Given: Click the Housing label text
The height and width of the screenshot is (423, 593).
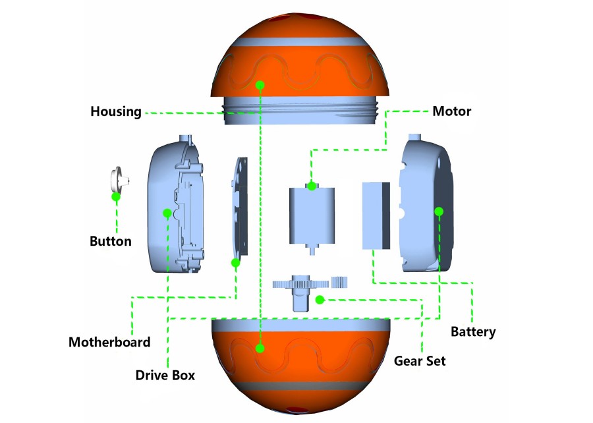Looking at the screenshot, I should [x=115, y=111].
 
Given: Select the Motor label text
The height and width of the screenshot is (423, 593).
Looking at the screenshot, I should [x=451, y=111].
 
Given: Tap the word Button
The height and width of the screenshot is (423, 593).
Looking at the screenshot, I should [x=110, y=241].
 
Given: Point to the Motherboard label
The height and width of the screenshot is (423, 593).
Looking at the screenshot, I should [x=109, y=342].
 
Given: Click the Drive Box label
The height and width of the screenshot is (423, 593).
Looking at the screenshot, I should [x=165, y=376].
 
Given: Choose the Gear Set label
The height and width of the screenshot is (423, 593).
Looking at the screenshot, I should [x=420, y=360].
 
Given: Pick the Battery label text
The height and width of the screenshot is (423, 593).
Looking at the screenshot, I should [x=473, y=331].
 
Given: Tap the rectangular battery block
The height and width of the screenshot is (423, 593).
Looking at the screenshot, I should [x=376, y=215].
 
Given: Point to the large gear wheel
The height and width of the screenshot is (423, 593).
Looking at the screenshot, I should [x=300, y=285].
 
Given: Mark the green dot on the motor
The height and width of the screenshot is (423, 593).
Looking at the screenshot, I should [x=312, y=186].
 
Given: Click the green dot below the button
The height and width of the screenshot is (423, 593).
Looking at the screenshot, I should [x=116, y=196].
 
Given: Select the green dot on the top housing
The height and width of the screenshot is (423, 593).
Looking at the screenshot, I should [x=261, y=85].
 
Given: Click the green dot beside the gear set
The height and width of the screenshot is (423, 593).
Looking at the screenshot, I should [x=320, y=300].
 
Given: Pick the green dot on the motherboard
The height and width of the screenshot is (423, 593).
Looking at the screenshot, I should [x=235, y=263].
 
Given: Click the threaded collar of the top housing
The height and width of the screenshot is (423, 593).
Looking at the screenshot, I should [x=300, y=110].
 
